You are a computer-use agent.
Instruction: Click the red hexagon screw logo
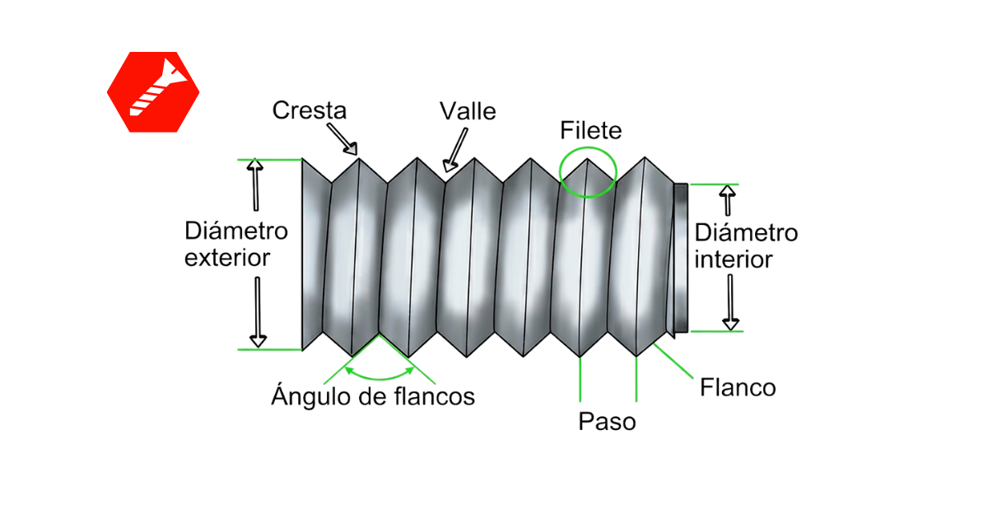(153, 91)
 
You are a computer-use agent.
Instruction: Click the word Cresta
(310, 110)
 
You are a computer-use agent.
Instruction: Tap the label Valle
(468, 110)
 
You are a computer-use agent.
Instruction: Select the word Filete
(590, 130)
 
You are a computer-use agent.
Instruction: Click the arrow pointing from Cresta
(343, 139)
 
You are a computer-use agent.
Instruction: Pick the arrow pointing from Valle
(456, 150)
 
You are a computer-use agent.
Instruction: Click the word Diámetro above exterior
(236, 231)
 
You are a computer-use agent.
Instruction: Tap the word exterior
(227, 258)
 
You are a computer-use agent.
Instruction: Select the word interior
(733, 259)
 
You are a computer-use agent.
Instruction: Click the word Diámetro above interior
(746, 232)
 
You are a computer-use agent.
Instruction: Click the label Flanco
(738, 387)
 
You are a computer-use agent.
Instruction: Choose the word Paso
(607, 422)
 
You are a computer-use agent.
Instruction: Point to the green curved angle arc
(380, 378)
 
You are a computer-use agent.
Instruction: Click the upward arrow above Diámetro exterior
(255, 185)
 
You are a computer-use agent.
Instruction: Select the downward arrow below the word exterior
(258, 312)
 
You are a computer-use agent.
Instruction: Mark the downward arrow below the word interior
(730, 302)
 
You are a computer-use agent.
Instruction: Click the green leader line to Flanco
(673, 361)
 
